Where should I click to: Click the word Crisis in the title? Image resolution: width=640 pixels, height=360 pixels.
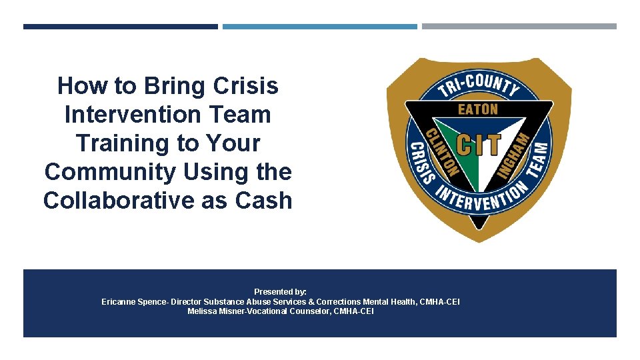point(246,86)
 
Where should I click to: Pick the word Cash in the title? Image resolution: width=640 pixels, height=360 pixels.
point(263,201)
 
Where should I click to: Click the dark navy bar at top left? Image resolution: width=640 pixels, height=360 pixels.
point(120,27)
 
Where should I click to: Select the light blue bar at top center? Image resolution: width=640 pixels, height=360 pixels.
point(319,27)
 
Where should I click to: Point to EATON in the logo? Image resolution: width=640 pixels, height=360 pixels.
point(477,109)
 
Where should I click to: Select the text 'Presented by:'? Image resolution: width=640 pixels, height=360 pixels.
point(280,292)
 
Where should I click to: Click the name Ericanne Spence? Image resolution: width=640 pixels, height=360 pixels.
point(134,302)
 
